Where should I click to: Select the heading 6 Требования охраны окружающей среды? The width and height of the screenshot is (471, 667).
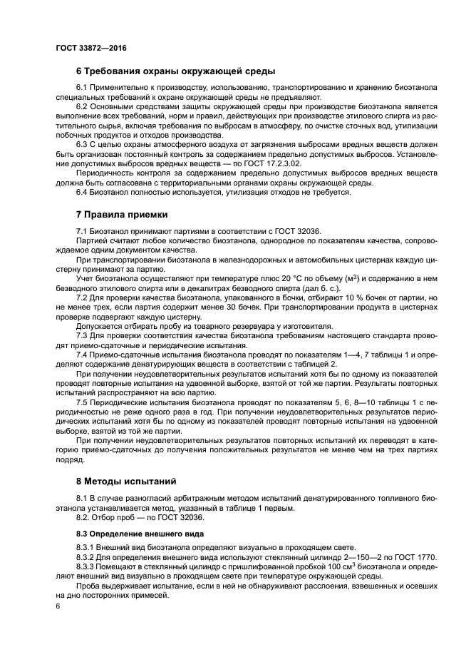(175, 71)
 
